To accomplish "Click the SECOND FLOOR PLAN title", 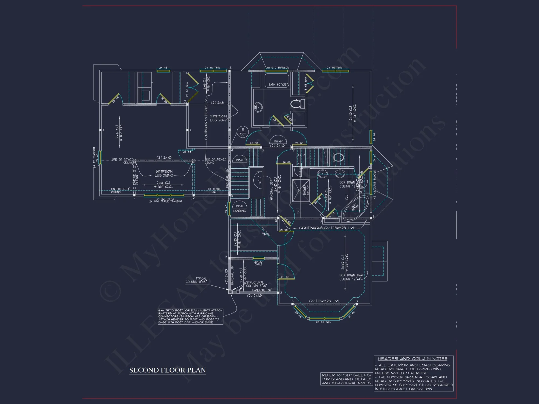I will (167, 370).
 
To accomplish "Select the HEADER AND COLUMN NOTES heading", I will (412, 359).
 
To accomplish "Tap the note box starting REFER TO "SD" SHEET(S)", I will (347, 379).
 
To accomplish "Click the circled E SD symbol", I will (243, 132).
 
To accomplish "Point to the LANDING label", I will (239, 211).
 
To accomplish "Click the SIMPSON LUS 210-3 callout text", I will (164, 173).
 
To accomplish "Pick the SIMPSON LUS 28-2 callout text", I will (218, 118).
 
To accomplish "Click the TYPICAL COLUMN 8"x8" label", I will (196, 280).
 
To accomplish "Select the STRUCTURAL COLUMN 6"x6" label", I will (256, 284).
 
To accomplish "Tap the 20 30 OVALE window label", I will (258, 263).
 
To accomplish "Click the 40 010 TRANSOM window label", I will (278, 68).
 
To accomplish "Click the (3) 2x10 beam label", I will (164, 158).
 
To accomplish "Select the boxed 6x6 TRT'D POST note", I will (190, 316).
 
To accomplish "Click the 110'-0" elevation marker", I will (278, 141).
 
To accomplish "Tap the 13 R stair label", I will (301, 155).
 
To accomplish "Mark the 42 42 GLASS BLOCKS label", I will (374, 184).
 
